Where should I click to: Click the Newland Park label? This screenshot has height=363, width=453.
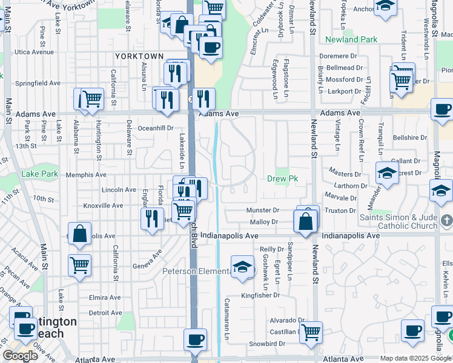pyautogui.click(x=351, y=40)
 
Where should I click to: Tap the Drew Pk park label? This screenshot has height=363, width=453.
pyautogui.click(x=282, y=178)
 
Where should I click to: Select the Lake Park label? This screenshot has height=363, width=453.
pyautogui.click(x=39, y=174)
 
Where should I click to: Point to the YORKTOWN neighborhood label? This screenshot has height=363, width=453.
pyautogui.click(x=139, y=56)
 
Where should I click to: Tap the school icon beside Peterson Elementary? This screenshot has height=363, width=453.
pyautogui.click(x=242, y=267)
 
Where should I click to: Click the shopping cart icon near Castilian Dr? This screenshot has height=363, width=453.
pyautogui.click(x=310, y=331)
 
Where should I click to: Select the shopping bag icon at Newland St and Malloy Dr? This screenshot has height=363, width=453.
pyautogui.click(x=306, y=221)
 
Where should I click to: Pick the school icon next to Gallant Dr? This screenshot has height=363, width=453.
pyautogui.click(x=387, y=173)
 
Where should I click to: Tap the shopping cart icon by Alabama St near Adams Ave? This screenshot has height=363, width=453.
pyautogui.click(x=91, y=98)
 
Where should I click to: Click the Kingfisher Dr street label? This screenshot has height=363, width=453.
pyautogui.click(x=260, y=296)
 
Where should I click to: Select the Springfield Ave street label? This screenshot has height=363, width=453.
pyautogui.click(x=38, y=83)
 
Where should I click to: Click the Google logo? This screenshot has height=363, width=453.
pyautogui.click(x=20, y=356)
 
